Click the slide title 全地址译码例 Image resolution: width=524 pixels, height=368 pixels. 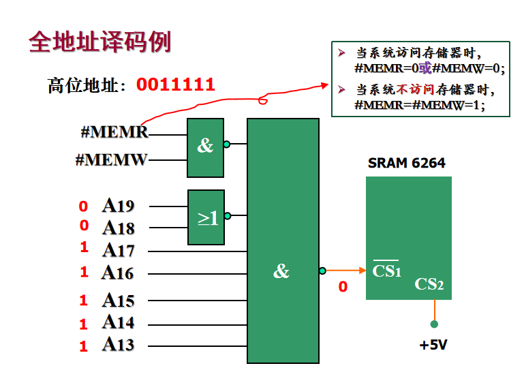click(x=99, y=42)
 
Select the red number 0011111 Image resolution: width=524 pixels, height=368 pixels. click(x=176, y=85)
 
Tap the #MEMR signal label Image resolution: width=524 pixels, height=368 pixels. click(x=114, y=132)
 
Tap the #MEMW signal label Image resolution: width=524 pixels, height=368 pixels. click(x=111, y=161)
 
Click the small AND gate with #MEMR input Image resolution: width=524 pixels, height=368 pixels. click(x=205, y=146)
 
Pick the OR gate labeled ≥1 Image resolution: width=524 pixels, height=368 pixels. click(x=206, y=217)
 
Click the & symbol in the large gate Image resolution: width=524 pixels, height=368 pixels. click(x=281, y=272)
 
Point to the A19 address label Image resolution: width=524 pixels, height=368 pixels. click(x=119, y=206)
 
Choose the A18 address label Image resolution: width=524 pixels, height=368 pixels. click(x=119, y=228)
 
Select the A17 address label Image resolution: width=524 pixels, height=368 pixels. click(x=119, y=250)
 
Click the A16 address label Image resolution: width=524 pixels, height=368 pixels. click(x=118, y=273)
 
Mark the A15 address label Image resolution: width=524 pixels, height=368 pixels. click(x=119, y=300)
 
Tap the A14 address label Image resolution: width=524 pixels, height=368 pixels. click(x=119, y=322)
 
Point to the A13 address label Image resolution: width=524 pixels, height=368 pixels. click(x=119, y=345)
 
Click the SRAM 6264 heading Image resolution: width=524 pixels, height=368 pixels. click(x=406, y=164)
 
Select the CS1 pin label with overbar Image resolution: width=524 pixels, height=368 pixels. click(x=386, y=271)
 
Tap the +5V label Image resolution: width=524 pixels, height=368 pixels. click(x=433, y=345)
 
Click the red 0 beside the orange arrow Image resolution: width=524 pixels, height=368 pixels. click(x=343, y=287)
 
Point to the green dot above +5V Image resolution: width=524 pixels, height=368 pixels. click(x=434, y=324)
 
